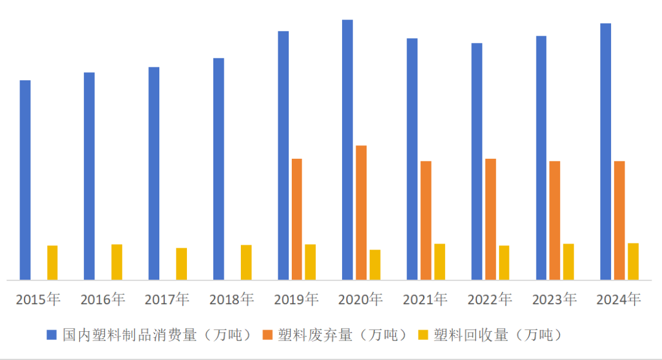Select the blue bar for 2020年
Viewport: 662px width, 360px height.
click(348, 150)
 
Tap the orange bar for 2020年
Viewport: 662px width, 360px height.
click(362, 212)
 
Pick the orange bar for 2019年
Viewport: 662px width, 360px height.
click(297, 219)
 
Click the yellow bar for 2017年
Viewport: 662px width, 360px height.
click(181, 264)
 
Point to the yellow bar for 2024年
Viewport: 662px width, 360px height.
click(633, 261)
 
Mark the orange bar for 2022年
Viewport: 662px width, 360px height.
click(490, 219)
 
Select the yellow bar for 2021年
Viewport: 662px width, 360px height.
click(439, 262)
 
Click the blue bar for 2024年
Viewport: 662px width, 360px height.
click(606, 151)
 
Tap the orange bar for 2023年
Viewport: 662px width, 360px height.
click(555, 220)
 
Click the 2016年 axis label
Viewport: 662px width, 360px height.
click(102, 299)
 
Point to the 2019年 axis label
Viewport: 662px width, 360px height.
click(296, 299)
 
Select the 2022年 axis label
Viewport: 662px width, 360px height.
click(490, 299)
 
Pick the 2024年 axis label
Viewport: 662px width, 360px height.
click(618, 299)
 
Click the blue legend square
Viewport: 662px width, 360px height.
click(52, 335)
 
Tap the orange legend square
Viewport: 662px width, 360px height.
click(267, 335)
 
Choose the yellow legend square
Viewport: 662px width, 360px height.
click(423, 335)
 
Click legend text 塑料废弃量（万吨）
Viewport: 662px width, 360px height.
click(343, 335)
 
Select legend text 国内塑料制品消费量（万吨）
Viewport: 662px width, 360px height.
click(158, 335)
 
